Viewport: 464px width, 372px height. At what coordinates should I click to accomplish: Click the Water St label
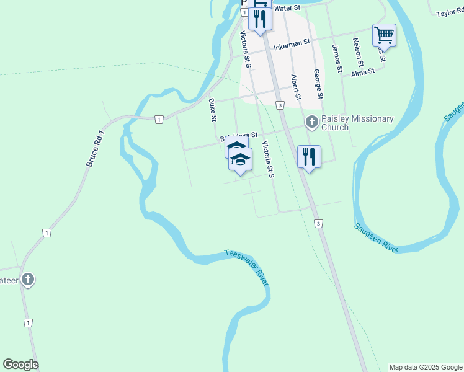pyautogui.click(x=287, y=8)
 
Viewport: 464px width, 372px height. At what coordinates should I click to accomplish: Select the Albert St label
pyautogui.click(x=296, y=88)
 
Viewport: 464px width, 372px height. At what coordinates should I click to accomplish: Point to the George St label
pyautogui.click(x=317, y=84)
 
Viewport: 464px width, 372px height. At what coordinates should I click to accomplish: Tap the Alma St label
pyautogui.click(x=363, y=72)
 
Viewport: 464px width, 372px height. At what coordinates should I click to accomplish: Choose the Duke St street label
pyautogui.click(x=212, y=109)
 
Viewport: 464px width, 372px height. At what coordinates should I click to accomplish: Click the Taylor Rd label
pyautogui.click(x=450, y=13)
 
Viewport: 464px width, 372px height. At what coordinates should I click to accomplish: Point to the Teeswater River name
pyautogui.click(x=246, y=267)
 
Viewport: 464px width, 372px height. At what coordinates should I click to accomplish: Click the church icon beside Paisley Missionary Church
pyautogui.click(x=311, y=122)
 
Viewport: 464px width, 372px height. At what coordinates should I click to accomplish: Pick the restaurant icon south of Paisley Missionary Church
pyautogui.click(x=308, y=156)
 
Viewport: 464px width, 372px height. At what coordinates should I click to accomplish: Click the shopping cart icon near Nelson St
pyautogui.click(x=384, y=35)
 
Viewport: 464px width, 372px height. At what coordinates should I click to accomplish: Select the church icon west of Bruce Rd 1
pyautogui.click(x=27, y=280)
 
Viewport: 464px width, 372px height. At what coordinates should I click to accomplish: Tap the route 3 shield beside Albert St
pyautogui.click(x=280, y=105)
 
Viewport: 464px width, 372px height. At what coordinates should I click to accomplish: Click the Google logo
pyautogui.click(x=20, y=365)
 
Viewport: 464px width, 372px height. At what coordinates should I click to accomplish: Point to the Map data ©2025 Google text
pyautogui.click(x=426, y=367)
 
